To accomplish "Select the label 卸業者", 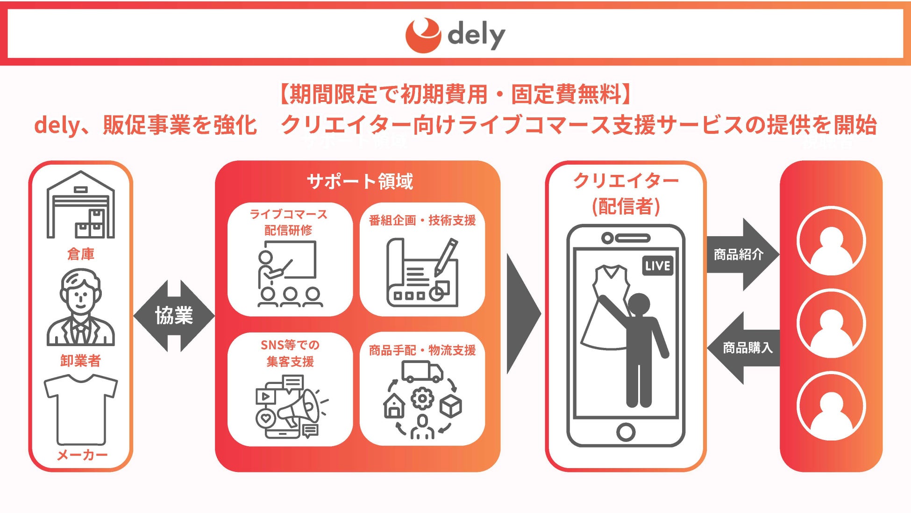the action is (x=80, y=361).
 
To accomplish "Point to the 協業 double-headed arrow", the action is (x=174, y=316).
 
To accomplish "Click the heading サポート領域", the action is (x=360, y=181).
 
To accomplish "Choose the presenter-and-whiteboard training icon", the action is (x=288, y=274).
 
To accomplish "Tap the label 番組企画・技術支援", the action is (x=422, y=220).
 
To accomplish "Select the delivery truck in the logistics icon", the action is (x=422, y=371).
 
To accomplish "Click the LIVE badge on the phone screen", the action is (x=658, y=266).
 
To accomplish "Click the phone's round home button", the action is (x=626, y=432).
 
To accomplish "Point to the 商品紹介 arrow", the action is (x=741, y=254).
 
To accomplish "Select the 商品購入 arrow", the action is (x=745, y=347).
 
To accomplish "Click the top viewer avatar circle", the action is (x=831, y=241).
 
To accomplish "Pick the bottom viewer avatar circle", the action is (x=831, y=406).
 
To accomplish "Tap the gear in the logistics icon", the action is (x=422, y=399).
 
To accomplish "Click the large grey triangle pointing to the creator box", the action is (x=522, y=314).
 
